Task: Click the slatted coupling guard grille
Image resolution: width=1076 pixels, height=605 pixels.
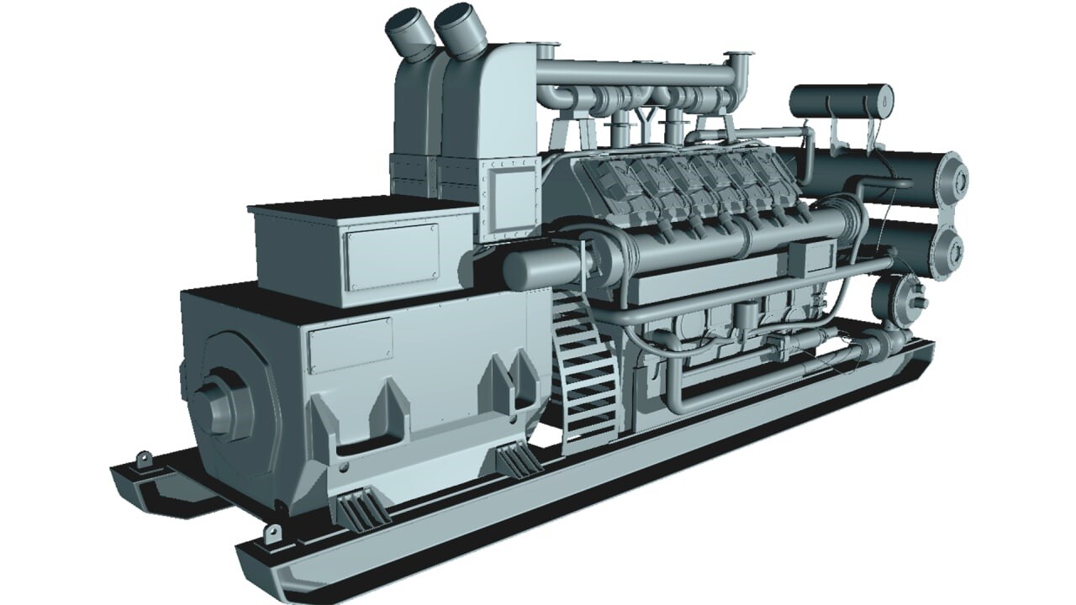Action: [x=588, y=370]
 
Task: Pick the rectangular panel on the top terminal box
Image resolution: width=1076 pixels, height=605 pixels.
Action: [x=391, y=255]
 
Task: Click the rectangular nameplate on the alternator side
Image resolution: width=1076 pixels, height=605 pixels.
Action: [x=350, y=345]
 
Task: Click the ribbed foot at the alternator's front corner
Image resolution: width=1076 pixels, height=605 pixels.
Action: [x=360, y=510]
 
